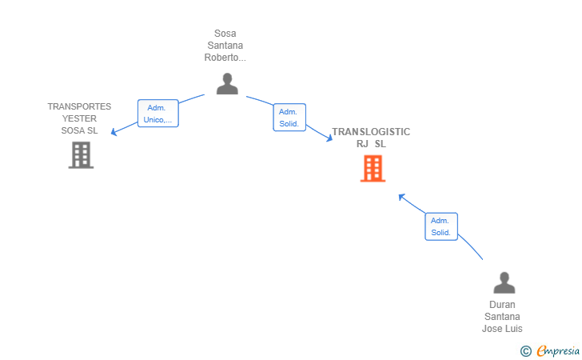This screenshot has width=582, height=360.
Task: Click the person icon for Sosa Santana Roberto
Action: point(227,83)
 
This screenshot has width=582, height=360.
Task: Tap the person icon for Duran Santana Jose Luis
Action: point(504,282)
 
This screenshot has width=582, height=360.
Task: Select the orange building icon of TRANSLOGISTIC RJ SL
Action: point(373,168)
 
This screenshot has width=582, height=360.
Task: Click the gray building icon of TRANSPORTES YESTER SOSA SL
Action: point(81,154)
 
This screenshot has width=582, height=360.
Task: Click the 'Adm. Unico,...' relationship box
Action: point(157,114)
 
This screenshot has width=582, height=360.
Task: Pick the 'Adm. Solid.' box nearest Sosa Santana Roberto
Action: point(289,118)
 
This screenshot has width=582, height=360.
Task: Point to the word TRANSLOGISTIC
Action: point(371,131)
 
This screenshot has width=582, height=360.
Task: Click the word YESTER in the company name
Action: point(79,118)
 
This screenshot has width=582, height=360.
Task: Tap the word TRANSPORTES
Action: point(79,106)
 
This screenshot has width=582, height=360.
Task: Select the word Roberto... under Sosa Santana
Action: point(225,58)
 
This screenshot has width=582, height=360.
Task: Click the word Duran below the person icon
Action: point(502,305)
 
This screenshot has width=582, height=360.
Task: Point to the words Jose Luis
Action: point(502,329)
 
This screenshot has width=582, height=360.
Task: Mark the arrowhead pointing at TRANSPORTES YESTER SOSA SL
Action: point(114,132)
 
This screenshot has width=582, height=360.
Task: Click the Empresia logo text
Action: point(559,350)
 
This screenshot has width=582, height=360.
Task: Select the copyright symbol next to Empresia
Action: point(525,350)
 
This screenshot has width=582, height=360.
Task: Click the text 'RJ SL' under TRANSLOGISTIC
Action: point(371,144)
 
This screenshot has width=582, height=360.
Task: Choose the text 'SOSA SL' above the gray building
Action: point(79,130)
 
